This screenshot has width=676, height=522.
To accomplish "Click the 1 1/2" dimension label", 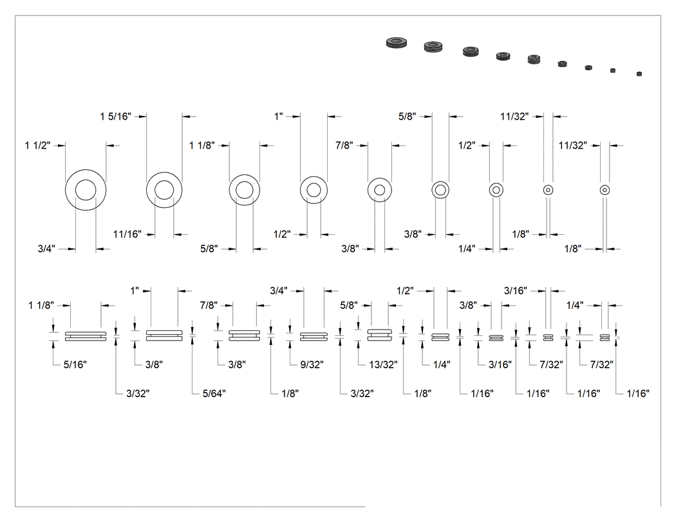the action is tap(37, 145).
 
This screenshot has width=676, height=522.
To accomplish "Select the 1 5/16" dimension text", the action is tap(115, 117).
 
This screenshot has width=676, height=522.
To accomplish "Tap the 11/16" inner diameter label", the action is tap(127, 234).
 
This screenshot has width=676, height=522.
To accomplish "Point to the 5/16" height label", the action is tap(75, 365).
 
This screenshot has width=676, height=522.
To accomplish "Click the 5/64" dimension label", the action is tap(214, 393).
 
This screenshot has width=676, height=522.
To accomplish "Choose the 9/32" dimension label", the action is tap(312, 365).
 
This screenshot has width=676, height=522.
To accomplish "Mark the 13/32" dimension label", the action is tap(383, 365).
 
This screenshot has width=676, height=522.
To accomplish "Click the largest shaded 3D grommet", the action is tap(396, 42).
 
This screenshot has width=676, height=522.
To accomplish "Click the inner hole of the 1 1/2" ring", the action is tap(86, 190).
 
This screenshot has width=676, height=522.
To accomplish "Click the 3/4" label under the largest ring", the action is tap(46, 248).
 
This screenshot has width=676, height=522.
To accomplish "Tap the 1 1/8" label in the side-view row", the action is tap(41, 306).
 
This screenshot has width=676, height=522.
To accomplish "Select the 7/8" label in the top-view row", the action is tap(344, 145).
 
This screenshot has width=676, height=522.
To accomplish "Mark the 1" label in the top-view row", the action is tap(279, 117).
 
